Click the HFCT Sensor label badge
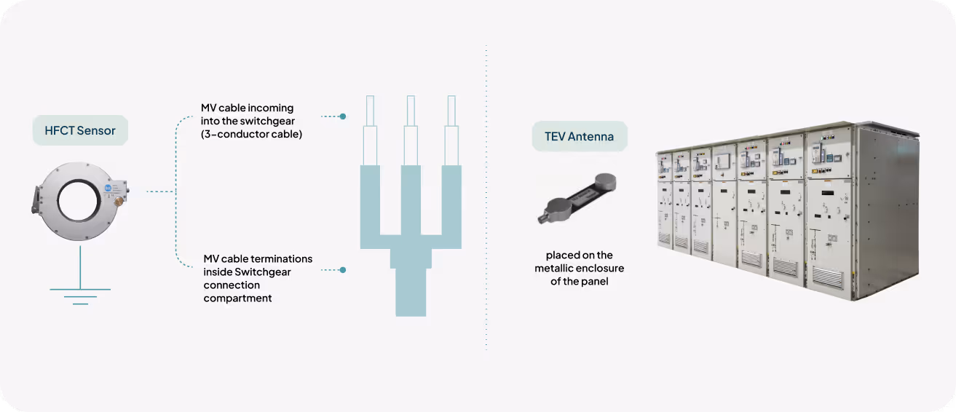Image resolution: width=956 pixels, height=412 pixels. point(79,131)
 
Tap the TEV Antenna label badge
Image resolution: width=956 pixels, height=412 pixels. point(580,136)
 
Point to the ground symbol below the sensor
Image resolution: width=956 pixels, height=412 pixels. point(80,295)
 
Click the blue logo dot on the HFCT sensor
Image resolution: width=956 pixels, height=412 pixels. point(108,188)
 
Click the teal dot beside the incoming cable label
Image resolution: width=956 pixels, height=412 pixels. point(343,116)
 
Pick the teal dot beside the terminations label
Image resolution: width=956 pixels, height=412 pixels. point(343,270)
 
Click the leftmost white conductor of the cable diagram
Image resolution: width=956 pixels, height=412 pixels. point(370,131)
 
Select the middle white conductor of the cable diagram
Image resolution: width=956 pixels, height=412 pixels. point(411,131)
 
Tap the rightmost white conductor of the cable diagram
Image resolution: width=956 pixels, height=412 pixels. point(451,131)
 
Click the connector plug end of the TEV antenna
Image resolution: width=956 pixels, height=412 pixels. point(545,216)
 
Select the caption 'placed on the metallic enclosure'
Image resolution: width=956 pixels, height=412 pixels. point(579,268)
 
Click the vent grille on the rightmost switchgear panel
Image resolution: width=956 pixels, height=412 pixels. point(827,276)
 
